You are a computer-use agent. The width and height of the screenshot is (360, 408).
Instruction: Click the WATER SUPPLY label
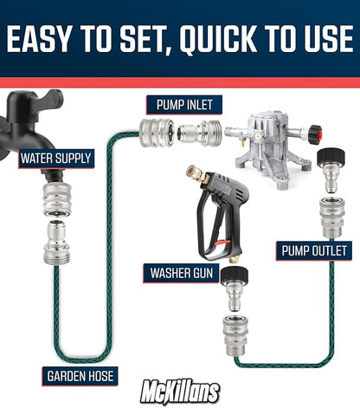54,159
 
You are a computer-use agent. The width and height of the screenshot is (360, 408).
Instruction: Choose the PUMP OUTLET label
313,251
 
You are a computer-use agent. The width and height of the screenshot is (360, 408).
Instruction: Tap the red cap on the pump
315,134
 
